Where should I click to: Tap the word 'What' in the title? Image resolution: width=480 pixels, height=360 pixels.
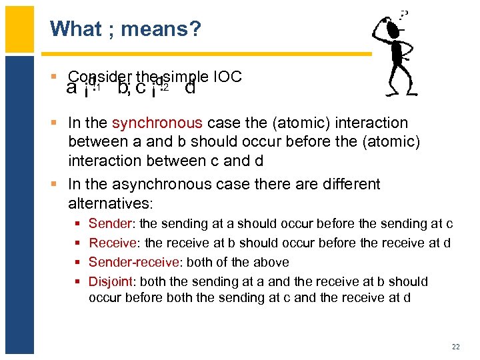tap(75, 29)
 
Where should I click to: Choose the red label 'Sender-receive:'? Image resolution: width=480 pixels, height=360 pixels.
tap(133, 263)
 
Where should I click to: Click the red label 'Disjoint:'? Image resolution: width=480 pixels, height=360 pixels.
tap(113, 282)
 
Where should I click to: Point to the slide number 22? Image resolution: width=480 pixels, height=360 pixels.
tap(455, 347)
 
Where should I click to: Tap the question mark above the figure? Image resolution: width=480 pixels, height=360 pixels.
tap(405, 13)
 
